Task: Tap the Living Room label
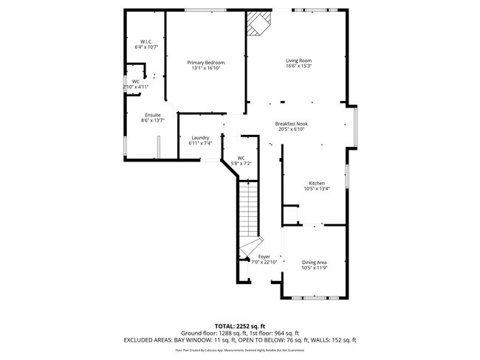tap(299, 60)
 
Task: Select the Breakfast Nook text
tap(291, 124)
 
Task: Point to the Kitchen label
tap(316, 183)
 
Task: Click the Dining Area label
tap(315, 262)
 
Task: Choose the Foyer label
tap(264, 257)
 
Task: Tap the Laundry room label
tap(200, 138)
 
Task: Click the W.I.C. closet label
tap(145, 41)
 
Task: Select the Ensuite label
tap(153, 115)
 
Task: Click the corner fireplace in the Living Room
tap(258, 23)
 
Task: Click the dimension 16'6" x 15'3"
tap(299, 66)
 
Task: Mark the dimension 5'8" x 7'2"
tap(241, 163)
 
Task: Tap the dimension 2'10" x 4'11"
tap(136, 87)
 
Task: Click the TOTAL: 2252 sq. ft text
tap(240, 325)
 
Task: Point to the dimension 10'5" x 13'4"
tap(316, 189)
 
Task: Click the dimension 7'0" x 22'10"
tap(264, 263)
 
